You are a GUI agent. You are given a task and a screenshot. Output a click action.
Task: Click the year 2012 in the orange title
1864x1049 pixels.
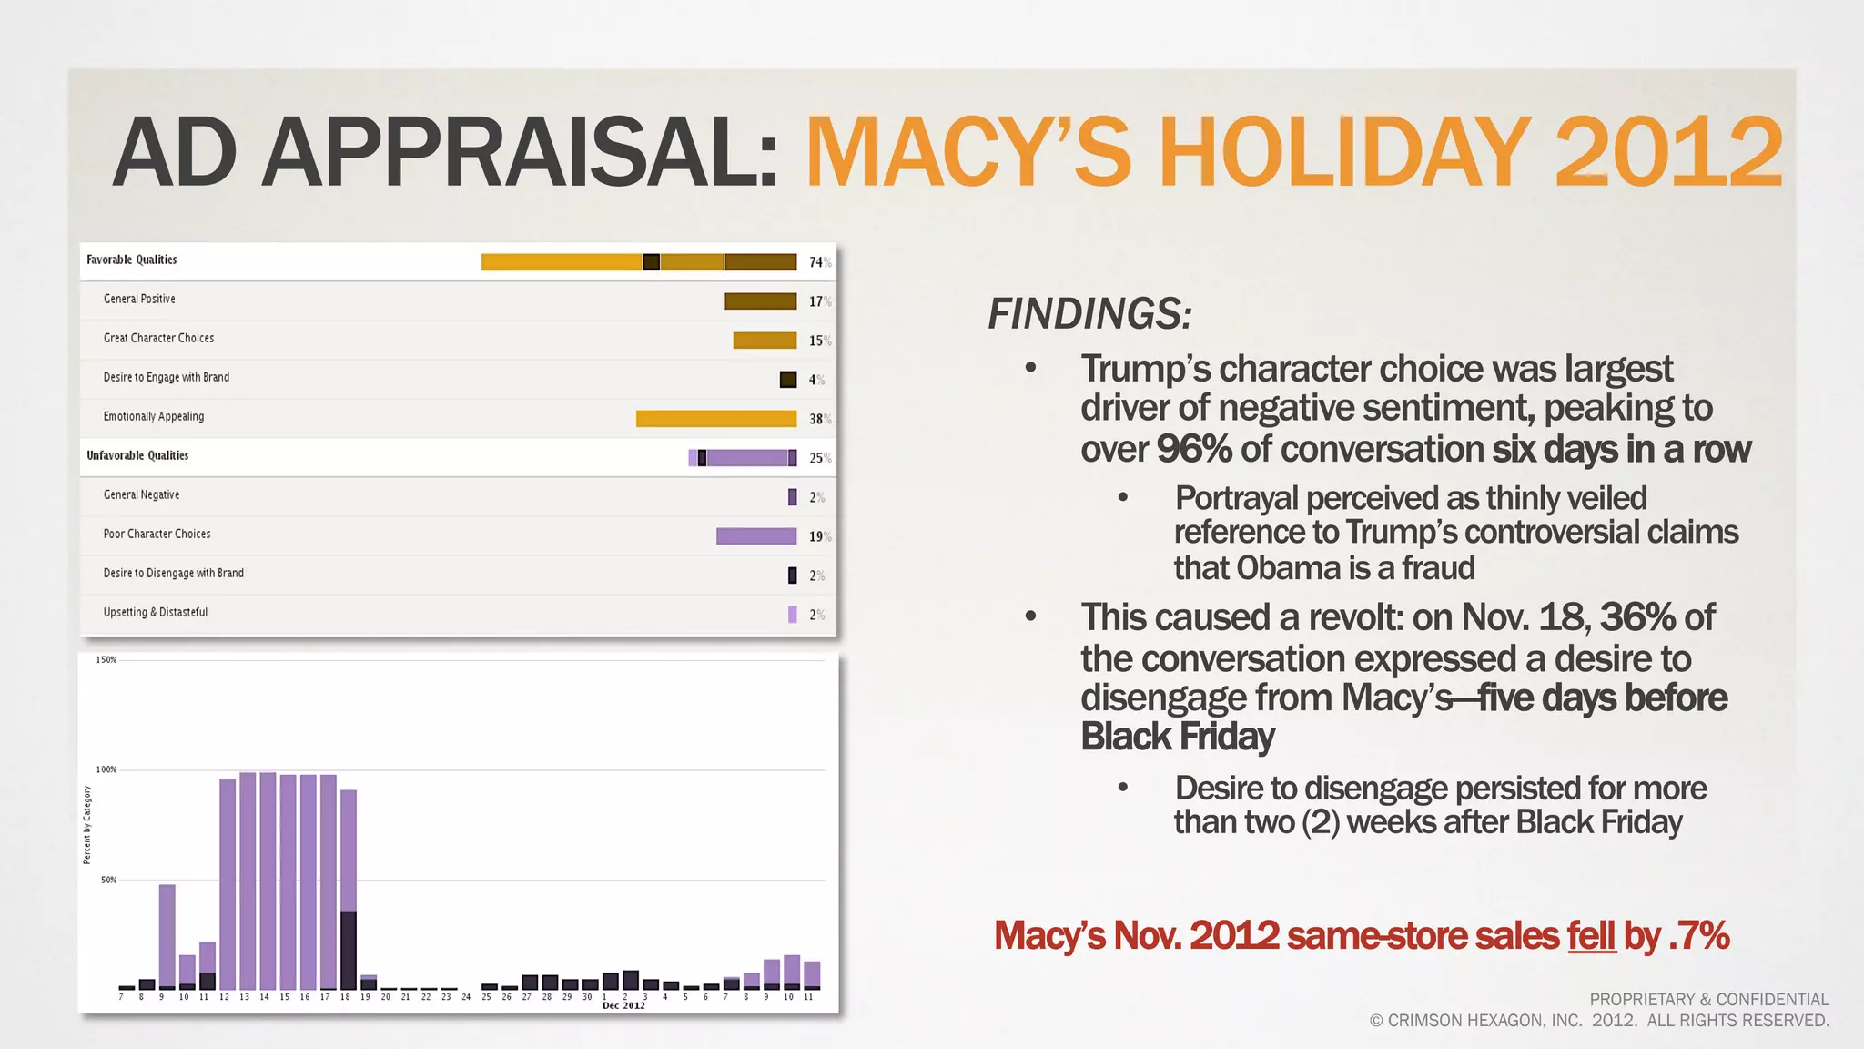(1667, 151)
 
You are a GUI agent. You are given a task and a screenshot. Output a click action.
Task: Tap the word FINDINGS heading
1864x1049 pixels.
(1089, 314)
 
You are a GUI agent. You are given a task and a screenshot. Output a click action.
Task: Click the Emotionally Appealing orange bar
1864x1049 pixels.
(715, 419)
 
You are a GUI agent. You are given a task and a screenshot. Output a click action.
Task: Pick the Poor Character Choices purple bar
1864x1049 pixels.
(755, 536)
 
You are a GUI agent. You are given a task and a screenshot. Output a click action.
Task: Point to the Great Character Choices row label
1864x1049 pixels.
(158, 338)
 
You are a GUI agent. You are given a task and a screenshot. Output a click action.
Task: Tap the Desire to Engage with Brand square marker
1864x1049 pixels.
(788, 380)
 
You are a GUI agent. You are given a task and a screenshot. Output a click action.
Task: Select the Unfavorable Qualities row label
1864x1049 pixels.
(137, 455)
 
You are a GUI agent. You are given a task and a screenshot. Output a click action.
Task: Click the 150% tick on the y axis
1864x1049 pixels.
(106, 659)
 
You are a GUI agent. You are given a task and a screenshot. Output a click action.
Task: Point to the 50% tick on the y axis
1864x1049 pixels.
(108, 880)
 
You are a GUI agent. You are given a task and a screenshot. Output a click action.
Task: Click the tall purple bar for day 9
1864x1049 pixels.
(167, 933)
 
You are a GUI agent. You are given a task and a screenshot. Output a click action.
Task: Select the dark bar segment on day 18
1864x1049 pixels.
(348, 949)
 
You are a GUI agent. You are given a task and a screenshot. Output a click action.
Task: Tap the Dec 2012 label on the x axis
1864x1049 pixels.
(623, 1005)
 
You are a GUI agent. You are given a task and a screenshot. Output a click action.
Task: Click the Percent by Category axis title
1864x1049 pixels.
(87, 825)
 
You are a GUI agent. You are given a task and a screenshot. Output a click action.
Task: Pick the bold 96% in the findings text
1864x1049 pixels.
(1193, 449)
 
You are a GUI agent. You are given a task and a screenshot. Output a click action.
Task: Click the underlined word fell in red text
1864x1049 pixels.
(1591, 936)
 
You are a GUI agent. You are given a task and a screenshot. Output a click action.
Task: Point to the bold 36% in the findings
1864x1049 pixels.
(1637, 617)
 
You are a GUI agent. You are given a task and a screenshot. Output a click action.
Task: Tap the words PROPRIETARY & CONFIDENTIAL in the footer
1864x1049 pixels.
(1708, 999)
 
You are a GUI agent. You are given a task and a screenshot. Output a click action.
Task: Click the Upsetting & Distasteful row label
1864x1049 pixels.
(155, 612)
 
